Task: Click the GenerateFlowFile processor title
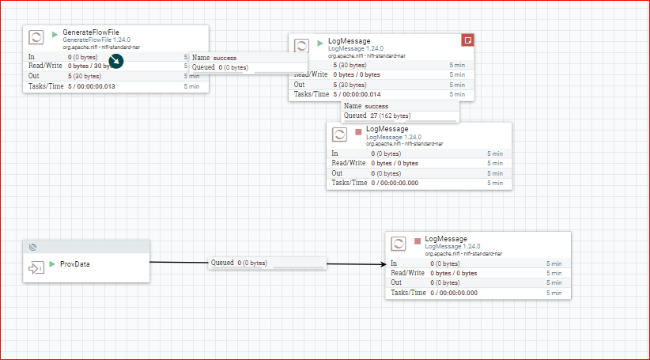click(x=91, y=32)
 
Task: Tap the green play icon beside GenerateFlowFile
click(x=55, y=35)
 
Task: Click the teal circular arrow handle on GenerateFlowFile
click(x=116, y=60)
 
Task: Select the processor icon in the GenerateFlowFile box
click(x=36, y=36)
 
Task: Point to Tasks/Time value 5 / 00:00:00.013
click(x=92, y=85)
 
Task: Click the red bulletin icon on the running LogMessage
click(x=467, y=40)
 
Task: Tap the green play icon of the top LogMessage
click(x=320, y=43)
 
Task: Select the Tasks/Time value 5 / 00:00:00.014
click(x=357, y=93)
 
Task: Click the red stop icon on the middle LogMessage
click(x=358, y=131)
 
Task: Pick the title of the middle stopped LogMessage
click(x=387, y=128)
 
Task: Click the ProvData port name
click(x=75, y=263)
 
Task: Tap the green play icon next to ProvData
click(x=51, y=263)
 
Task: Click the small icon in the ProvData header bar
click(x=32, y=246)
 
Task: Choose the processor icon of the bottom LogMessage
click(x=399, y=243)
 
